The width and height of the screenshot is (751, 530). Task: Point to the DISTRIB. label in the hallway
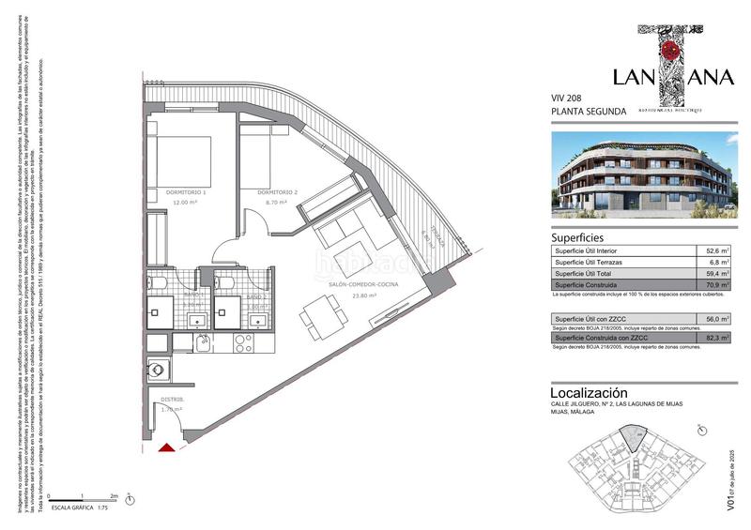click(172, 399)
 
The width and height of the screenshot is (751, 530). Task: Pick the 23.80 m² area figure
click(362, 295)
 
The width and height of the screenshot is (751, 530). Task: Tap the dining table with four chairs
click(322, 311)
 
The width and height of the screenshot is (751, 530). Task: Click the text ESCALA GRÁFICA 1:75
click(87, 507)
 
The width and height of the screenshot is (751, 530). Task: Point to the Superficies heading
click(577, 237)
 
